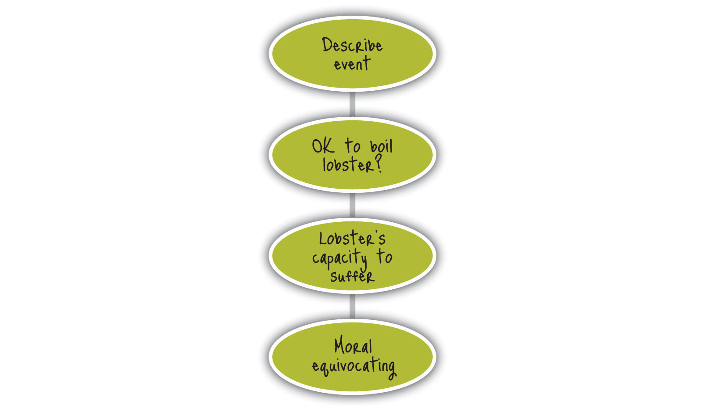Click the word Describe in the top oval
coord(352,45)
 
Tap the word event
coord(352,64)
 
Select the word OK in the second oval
coord(323,147)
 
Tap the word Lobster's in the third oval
coord(352,238)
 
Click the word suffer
coord(352,276)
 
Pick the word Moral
coord(353,347)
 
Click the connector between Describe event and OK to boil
coord(352,104)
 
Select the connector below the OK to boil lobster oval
coord(352,205)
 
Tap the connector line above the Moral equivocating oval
coord(352,306)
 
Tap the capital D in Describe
coord(327,45)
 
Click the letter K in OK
coord(329,147)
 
